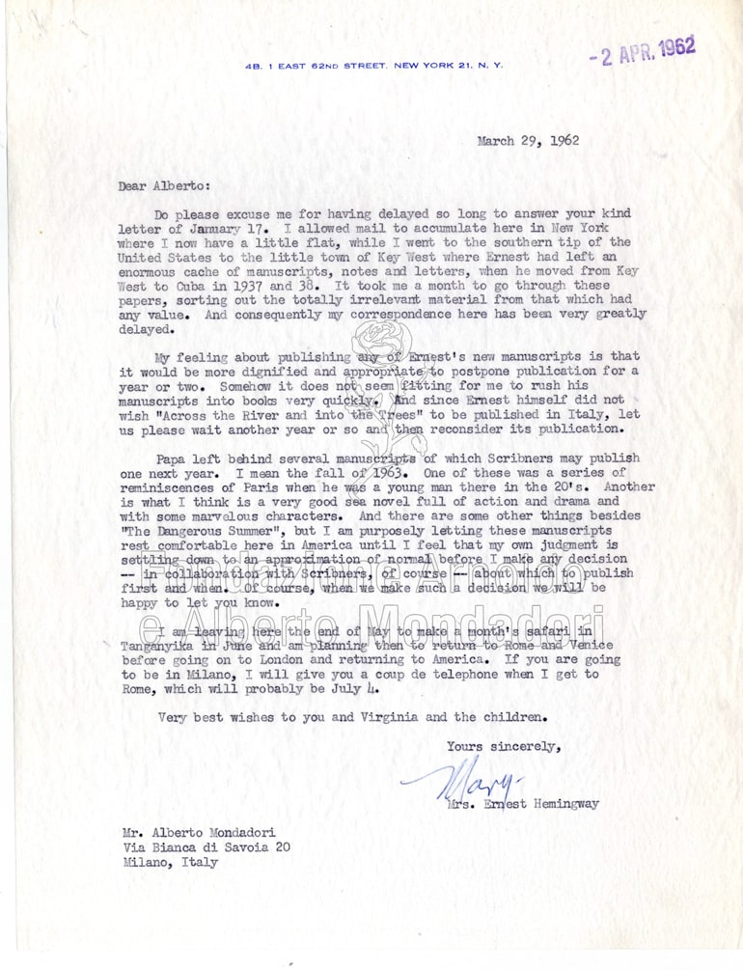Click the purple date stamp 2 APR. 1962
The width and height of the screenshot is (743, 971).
pyautogui.click(x=644, y=50)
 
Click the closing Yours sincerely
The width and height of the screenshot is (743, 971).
pyautogui.click(x=502, y=746)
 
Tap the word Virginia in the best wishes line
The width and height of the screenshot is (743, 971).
pyautogui.click(x=377, y=717)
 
